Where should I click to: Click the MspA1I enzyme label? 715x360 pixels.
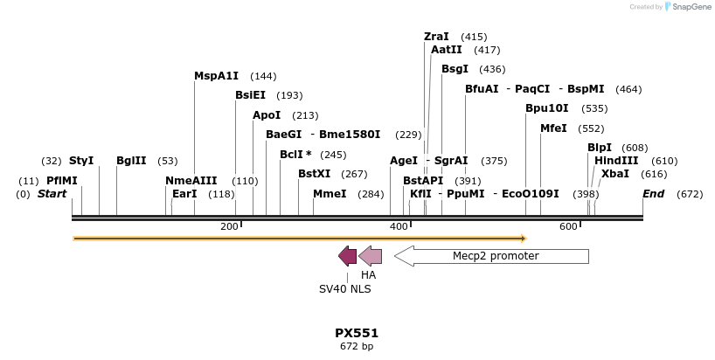tap(216, 76)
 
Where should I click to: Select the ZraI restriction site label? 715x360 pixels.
tap(436, 37)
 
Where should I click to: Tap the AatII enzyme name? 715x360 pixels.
tap(446, 50)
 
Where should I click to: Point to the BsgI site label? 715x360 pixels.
tap(455, 69)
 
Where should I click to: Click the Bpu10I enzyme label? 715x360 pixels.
tap(546, 108)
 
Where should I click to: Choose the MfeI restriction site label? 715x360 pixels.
tap(553, 128)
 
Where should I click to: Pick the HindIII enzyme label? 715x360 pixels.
tap(616, 161)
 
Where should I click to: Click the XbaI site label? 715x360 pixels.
tap(614, 174)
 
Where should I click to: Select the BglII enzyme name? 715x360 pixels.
tap(131, 161)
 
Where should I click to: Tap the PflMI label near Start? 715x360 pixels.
tap(62, 181)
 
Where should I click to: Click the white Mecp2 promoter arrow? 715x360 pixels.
tap(491, 256)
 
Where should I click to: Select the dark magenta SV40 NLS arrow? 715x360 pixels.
tap(348, 256)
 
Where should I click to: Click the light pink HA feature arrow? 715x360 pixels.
tap(371, 256)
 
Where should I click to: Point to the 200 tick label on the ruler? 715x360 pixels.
tap(229, 226)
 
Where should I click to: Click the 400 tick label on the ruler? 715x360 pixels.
tap(399, 226)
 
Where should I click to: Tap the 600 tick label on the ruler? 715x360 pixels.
tap(568, 226)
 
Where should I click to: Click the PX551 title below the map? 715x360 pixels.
tap(357, 333)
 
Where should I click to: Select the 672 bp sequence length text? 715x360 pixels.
tap(357, 346)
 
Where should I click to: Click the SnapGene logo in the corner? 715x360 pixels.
tap(684, 7)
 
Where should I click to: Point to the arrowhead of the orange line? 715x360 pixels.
tap(522, 238)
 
